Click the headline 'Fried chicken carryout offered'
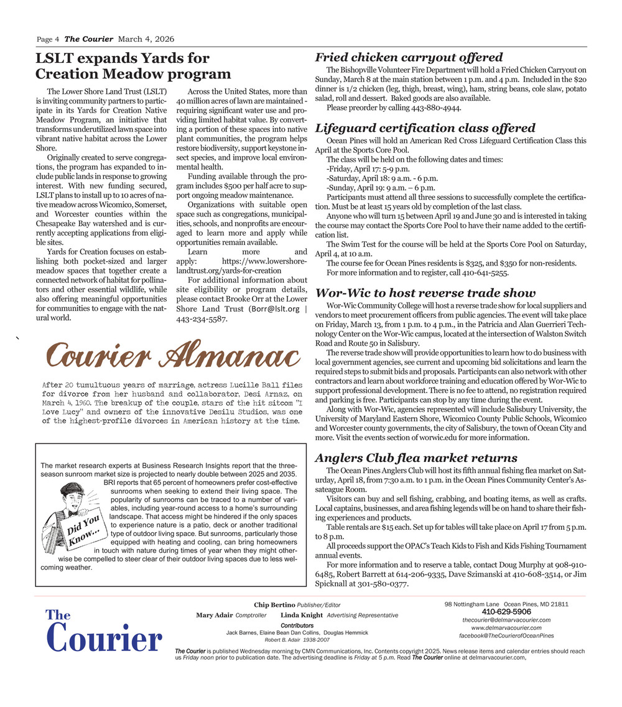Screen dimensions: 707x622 [x=409, y=58]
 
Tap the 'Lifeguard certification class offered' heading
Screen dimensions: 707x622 [x=425, y=128]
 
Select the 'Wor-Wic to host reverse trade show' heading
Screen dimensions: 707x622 [x=425, y=293]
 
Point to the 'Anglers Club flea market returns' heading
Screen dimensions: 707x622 [x=416, y=458]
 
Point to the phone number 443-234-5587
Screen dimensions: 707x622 [x=202, y=319]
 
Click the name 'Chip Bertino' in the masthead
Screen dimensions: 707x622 [x=274, y=605]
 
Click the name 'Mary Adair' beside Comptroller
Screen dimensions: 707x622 [x=214, y=616]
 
